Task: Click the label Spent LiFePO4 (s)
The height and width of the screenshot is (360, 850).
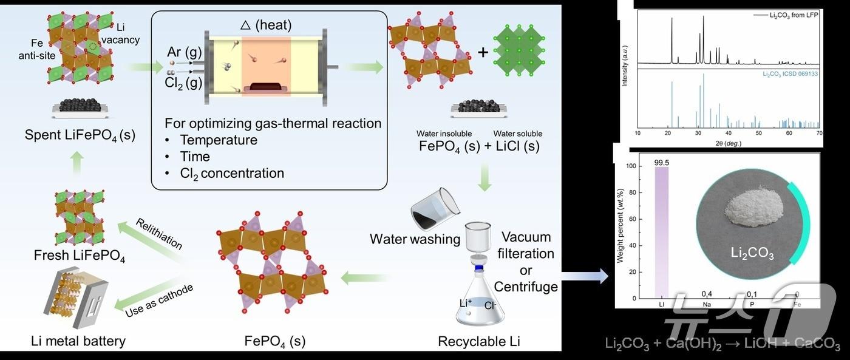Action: click(x=80, y=135)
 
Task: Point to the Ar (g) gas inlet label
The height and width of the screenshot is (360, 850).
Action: click(x=180, y=53)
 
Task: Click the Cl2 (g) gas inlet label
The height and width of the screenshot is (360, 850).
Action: click(x=183, y=83)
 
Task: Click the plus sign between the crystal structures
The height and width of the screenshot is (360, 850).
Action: click(x=483, y=52)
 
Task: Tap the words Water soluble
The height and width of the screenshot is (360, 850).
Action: click(x=518, y=134)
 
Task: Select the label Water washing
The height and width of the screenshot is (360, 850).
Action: click(x=415, y=239)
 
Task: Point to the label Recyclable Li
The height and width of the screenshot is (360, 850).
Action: click(x=479, y=342)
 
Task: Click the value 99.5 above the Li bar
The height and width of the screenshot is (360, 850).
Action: click(x=661, y=162)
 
